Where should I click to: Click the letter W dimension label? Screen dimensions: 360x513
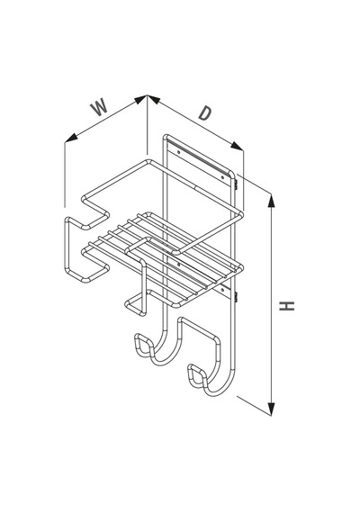click(x=100, y=107)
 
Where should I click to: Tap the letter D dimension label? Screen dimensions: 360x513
click(x=205, y=113)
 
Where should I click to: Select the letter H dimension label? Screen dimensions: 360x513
click(x=287, y=306)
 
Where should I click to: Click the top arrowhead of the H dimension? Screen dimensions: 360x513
click(x=271, y=201)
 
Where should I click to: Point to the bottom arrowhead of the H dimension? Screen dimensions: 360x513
click(x=271, y=409)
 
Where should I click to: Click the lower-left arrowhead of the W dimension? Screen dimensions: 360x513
click(x=71, y=138)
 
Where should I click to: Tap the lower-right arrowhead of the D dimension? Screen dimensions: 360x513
click(x=237, y=146)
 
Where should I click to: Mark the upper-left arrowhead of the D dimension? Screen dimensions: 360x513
click(x=154, y=99)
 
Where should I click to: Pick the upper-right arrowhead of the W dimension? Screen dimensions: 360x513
click(x=140, y=99)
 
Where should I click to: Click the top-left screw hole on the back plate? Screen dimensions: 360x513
click(x=179, y=152)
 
